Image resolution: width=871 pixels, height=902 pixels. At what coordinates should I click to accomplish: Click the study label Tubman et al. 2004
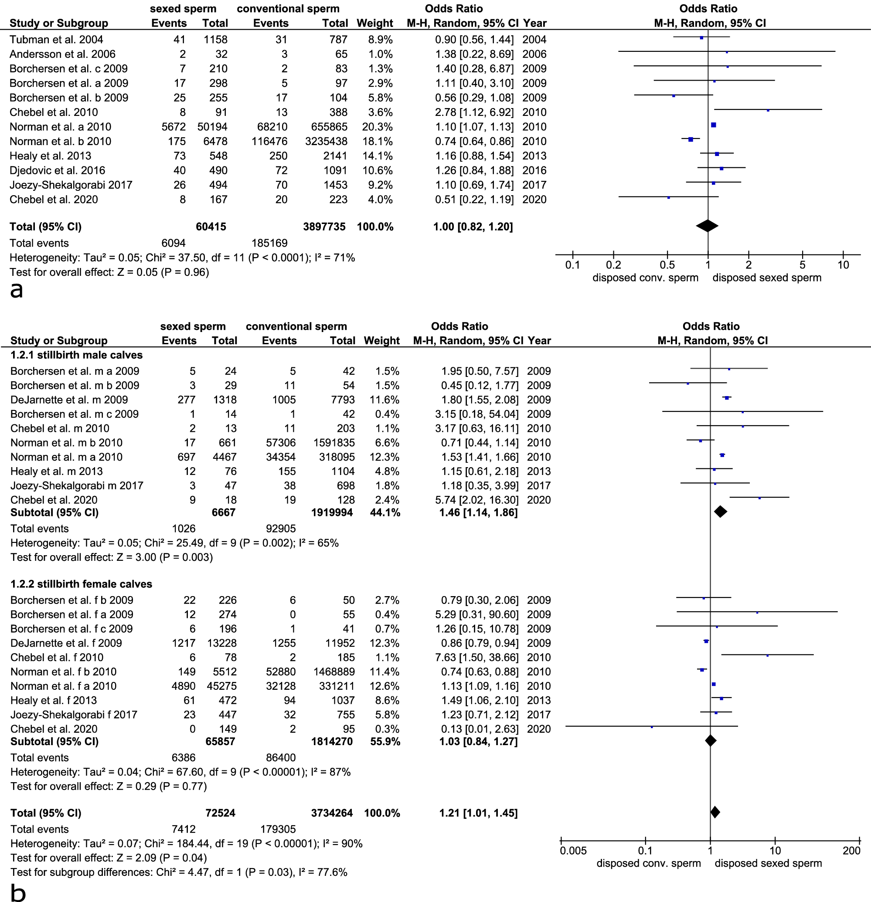click(56, 40)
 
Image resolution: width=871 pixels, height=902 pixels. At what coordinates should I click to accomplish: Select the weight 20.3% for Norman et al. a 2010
click(380, 127)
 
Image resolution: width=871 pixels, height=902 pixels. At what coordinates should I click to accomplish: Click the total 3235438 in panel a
click(326, 141)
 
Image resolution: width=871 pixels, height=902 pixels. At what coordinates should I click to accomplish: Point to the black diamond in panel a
click(707, 226)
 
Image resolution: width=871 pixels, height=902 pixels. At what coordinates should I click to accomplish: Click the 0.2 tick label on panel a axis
click(613, 265)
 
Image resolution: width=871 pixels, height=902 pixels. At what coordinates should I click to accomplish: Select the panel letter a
click(16, 290)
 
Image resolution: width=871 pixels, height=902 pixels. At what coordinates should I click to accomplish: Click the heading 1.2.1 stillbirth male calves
click(76, 355)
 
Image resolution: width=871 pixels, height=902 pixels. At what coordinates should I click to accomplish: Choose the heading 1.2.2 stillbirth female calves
click(81, 584)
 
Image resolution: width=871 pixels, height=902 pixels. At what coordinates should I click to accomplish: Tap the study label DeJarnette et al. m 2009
click(69, 400)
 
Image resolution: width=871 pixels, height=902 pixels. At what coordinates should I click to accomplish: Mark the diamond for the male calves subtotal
click(721, 511)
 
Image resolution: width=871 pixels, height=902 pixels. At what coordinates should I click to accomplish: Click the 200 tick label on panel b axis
click(851, 851)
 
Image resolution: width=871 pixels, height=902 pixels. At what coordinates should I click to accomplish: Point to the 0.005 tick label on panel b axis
click(573, 851)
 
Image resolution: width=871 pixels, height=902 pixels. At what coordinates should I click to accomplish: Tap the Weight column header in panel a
click(375, 24)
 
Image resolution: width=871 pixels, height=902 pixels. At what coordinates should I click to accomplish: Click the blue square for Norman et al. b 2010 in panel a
click(691, 139)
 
